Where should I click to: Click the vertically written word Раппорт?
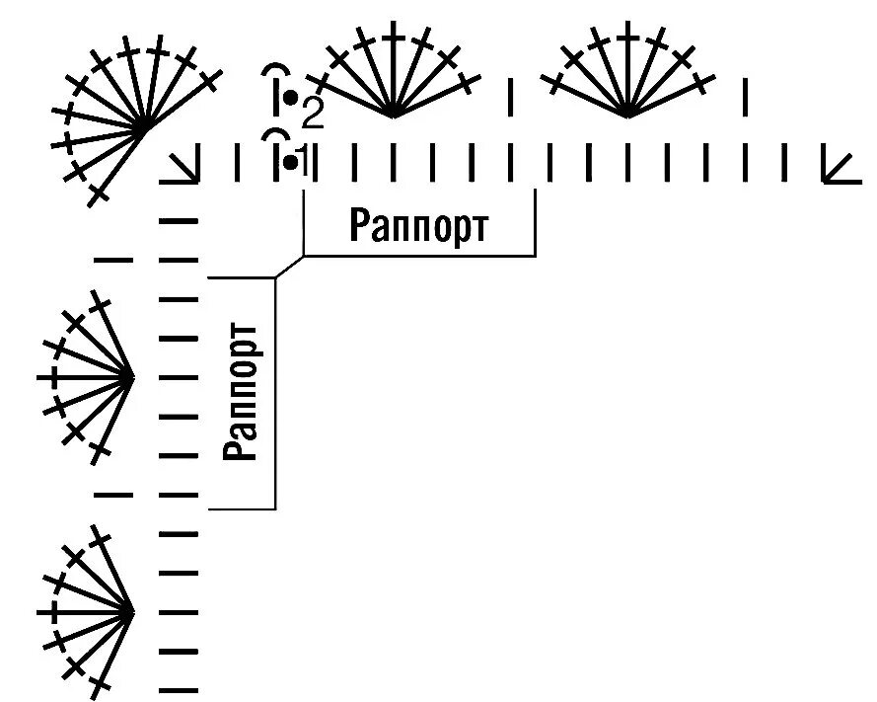click(242, 392)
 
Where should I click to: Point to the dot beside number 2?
click(291, 99)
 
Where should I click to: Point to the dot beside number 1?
click(289, 160)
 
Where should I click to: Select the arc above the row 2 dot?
click(276, 72)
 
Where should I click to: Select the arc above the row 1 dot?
click(276, 134)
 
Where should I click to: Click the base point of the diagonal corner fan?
click(146, 126)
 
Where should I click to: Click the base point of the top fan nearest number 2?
click(393, 116)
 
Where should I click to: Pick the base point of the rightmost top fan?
click(628, 116)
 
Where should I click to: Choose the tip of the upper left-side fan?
click(132, 376)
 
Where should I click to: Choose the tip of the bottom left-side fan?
click(132, 612)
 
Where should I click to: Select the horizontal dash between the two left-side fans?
click(115, 495)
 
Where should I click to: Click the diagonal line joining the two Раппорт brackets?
click(289, 268)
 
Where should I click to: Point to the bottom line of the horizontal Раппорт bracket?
click(419, 256)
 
